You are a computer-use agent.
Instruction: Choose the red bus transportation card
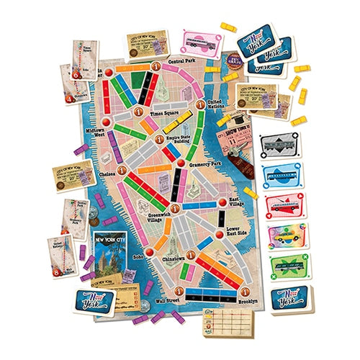tap(282, 204)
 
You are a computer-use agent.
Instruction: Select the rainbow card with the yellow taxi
tap(283, 235)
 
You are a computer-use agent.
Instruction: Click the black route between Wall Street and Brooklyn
tap(213, 294)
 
